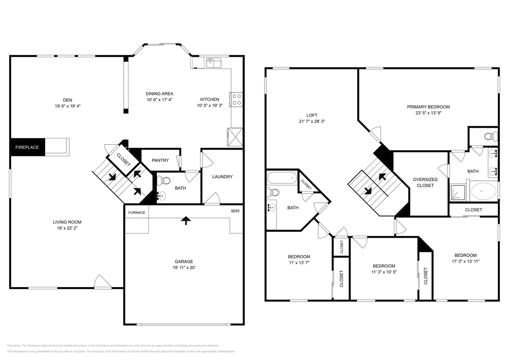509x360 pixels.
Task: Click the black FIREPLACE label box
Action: coord(27,147)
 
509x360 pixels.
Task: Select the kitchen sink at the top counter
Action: coord(213,63)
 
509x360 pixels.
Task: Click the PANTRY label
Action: coord(160,160)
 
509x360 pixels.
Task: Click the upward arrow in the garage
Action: coord(186,220)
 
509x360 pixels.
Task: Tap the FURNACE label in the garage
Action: coord(136,212)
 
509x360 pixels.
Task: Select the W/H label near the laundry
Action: coord(235,211)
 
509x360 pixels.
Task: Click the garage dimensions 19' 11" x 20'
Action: coord(184,268)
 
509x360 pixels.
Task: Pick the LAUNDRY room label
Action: coord(222,177)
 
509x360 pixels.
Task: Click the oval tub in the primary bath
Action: coord(483,191)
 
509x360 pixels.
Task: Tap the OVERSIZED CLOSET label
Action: coord(425,182)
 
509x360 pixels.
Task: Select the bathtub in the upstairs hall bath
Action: coord(282,178)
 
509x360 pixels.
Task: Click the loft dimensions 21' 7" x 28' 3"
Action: coord(312,121)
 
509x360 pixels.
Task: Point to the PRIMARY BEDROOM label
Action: coord(428,107)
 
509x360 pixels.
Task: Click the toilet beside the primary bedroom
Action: coord(491,136)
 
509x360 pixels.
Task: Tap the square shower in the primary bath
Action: coord(458,192)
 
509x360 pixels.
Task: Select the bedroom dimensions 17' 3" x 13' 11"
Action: coord(465,261)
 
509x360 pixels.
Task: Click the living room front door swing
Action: coord(102,282)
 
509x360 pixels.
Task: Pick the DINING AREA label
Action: coord(159,94)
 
